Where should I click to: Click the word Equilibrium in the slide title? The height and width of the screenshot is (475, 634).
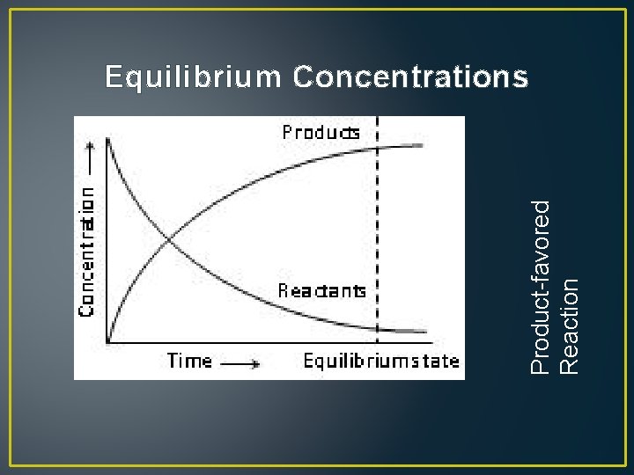(x=193, y=78)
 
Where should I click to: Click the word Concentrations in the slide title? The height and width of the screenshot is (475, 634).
(x=410, y=77)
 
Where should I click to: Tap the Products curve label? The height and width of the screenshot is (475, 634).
(x=321, y=133)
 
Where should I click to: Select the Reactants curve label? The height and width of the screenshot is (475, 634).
(x=321, y=290)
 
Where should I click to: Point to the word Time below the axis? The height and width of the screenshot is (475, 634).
(x=190, y=361)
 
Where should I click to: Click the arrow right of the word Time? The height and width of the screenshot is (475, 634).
(x=240, y=362)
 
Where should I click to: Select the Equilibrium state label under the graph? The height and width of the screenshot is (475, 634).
(x=381, y=361)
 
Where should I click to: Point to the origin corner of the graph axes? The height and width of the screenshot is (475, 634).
(x=107, y=341)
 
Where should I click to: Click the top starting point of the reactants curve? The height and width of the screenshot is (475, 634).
(x=107, y=139)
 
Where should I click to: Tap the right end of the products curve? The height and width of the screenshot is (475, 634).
(x=428, y=143)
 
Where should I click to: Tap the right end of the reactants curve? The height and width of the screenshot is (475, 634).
(x=428, y=332)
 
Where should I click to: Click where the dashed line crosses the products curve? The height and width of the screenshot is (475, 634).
(x=378, y=148)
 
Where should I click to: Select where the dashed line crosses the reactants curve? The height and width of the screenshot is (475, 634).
(x=378, y=328)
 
